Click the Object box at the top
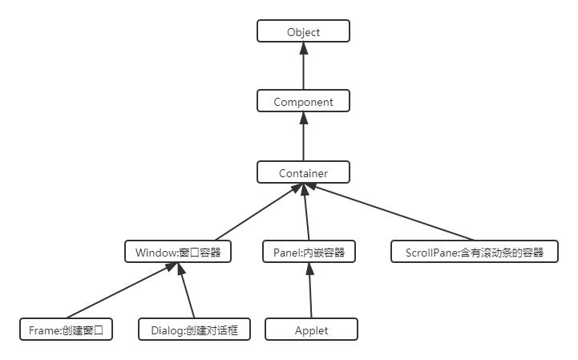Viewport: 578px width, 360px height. (303, 32)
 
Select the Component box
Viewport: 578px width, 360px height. (303, 102)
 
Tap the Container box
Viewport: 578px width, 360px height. (303, 172)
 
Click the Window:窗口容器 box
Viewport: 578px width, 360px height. (178, 253)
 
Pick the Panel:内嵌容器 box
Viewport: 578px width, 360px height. (309, 253)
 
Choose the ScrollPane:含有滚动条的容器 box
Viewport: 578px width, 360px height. (475, 253)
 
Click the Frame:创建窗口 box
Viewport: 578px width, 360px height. (66, 330)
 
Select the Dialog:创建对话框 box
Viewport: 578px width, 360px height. (194, 330)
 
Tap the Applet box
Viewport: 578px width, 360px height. (311, 330)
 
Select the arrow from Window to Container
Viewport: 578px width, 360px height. (240, 212)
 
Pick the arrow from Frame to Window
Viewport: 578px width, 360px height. (120, 291)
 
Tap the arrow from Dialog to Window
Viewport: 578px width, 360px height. (187, 291)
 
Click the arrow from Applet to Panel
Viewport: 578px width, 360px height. (309, 291)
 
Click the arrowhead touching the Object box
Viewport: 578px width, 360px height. (303, 47)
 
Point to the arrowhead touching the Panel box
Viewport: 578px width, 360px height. (309, 269)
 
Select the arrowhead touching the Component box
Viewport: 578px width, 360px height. (303, 117)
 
